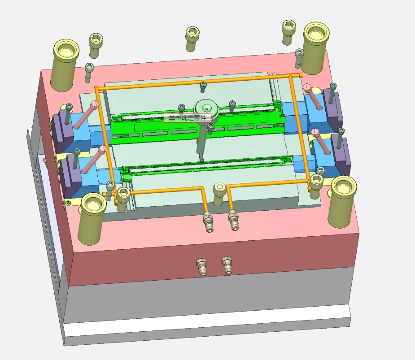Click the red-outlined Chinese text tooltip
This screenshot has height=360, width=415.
[x=188, y=118]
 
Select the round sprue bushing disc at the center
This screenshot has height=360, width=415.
[x=206, y=109]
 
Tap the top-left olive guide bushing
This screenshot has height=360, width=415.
[x=65, y=65]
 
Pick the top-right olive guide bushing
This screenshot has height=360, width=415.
[x=315, y=48]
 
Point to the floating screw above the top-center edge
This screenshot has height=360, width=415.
[x=192, y=39]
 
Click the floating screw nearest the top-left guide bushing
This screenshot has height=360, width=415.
[x=95, y=45]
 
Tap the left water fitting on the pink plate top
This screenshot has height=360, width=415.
[x=208, y=221]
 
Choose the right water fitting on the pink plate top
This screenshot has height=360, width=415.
[x=233, y=220]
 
